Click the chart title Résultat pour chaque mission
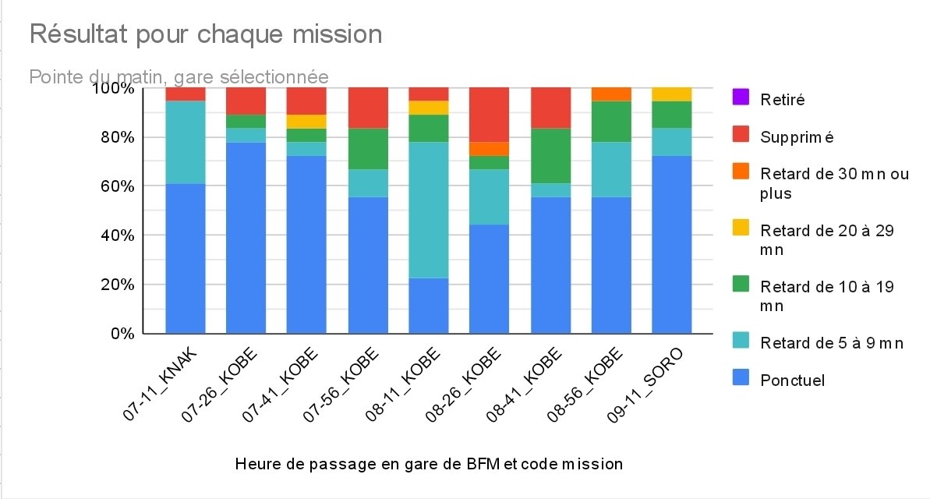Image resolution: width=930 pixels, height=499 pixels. (206, 34)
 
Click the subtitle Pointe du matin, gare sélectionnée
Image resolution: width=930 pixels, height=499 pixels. (179, 76)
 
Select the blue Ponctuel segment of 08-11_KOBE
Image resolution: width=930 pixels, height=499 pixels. (429, 306)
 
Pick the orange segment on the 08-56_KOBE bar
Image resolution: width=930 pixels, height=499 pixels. (611, 94)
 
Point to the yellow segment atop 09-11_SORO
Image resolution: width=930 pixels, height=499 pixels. (672, 94)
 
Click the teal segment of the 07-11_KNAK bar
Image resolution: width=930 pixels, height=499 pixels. (186, 143)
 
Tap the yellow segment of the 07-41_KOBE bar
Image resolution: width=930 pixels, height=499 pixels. (307, 122)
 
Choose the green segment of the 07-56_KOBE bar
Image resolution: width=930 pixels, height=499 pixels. (368, 149)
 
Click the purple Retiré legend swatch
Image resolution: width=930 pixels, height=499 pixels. (740, 99)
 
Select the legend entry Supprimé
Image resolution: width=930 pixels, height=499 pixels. (797, 137)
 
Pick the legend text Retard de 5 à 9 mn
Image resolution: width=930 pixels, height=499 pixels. (832, 342)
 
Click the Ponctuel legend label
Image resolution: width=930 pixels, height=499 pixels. (792, 380)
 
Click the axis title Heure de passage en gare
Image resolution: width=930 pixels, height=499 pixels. (428, 465)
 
